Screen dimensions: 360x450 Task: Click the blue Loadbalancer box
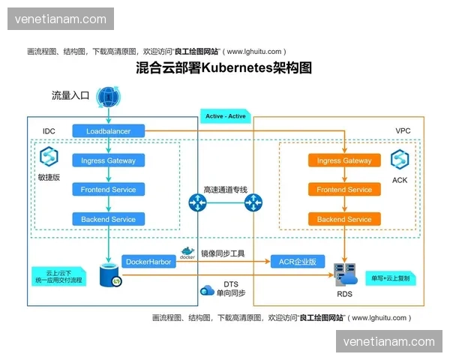coord(109,131)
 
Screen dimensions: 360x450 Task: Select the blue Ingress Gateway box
coord(109,160)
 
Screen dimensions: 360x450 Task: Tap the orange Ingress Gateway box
coord(344,160)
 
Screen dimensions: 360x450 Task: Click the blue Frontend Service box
coord(109,190)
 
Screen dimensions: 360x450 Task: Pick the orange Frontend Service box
coord(344,190)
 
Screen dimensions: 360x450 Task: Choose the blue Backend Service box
coord(109,219)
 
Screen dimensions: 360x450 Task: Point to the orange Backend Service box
coord(344,219)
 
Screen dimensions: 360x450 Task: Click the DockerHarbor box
coord(148,262)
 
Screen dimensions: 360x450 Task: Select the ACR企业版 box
coord(298,262)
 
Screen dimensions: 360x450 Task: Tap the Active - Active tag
coord(225,116)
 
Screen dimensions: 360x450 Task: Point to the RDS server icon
coord(344,275)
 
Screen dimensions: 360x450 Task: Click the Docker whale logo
coord(187,252)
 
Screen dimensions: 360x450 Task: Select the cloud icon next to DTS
coord(208,289)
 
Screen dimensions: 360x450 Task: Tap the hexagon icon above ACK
coord(399,158)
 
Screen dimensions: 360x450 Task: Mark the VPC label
coord(403,131)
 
